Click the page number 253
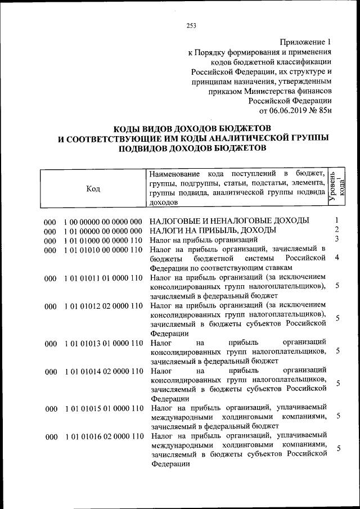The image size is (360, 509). click(x=191, y=24)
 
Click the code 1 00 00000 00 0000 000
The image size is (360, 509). click(x=102, y=221)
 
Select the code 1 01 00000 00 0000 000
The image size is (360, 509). click(x=102, y=231)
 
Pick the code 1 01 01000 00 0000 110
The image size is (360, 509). click(x=102, y=240)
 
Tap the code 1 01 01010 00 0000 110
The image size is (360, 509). click(x=102, y=250)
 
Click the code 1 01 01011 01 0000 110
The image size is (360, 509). click(x=102, y=278)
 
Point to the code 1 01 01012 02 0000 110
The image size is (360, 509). click(x=102, y=306)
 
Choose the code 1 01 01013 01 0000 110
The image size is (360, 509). click(x=102, y=343)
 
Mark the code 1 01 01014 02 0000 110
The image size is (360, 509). click(x=102, y=371)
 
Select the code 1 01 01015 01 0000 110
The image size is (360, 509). click(x=102, y=408)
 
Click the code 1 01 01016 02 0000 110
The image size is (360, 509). click(x=102, y=436)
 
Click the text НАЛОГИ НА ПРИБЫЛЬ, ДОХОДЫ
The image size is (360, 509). click(x=213, y=230)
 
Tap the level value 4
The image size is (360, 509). click(x=336, y=258)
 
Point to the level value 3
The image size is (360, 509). click(x=336, y=239)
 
